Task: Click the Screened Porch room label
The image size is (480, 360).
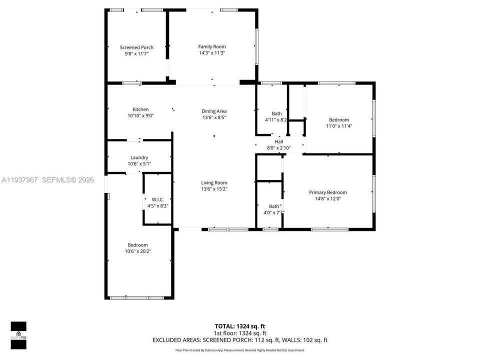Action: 136,47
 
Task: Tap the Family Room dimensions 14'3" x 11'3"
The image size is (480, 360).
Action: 212,52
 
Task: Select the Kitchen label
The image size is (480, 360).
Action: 140,109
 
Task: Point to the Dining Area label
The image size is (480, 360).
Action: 214,111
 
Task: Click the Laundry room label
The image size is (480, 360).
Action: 139,157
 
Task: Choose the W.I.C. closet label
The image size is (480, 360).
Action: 157,199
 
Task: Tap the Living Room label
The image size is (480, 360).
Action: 214,182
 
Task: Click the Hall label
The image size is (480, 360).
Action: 278,141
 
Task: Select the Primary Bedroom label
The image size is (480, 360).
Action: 327,192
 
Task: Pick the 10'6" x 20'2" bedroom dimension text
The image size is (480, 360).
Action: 137,251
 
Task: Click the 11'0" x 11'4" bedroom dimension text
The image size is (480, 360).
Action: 339,126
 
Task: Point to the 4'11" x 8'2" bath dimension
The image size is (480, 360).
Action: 276,120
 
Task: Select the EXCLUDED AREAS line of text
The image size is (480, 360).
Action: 240,340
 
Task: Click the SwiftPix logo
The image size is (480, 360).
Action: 18,331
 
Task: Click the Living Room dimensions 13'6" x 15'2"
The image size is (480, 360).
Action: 214,189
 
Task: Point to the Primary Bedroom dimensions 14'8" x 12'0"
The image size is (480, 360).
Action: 327,198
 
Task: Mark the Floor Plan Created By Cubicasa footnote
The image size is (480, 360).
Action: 240,350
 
